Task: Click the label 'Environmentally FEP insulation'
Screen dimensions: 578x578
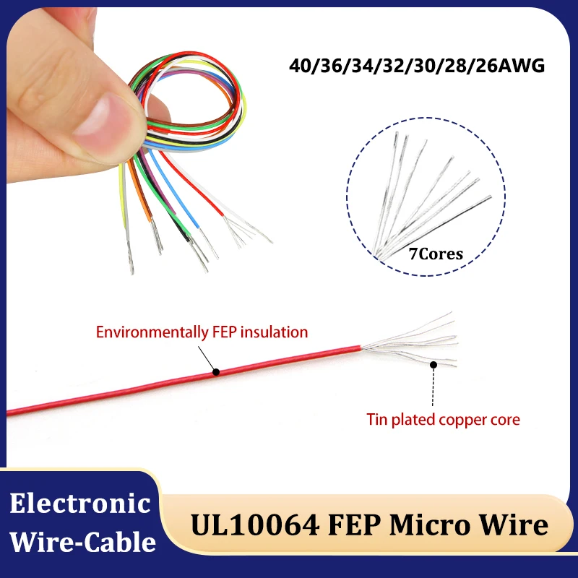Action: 202,332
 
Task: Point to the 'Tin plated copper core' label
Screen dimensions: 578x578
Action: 443,419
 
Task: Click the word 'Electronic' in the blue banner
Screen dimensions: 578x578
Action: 80,503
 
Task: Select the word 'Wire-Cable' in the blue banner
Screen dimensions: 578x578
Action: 80,540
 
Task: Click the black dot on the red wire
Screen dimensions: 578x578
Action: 216,373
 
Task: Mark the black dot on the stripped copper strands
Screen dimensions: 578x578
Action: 434,365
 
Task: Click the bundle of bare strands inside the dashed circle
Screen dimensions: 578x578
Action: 426,195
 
